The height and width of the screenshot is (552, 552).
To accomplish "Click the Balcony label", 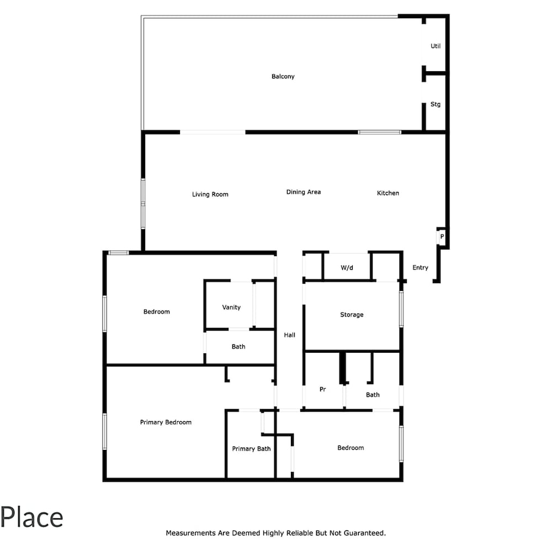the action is (283, 76).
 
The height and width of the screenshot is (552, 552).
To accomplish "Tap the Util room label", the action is (436, 46).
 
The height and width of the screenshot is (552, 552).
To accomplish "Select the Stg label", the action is (436, 104).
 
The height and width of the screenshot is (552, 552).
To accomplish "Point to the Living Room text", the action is (210, 194).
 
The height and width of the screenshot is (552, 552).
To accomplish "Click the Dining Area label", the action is (304, 192).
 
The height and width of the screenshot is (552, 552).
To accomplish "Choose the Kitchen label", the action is (388, 193).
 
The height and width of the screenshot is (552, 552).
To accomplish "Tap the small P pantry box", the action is (442, 237).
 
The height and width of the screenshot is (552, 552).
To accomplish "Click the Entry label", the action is (420, 268).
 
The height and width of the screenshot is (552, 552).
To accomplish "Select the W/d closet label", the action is (347, 268).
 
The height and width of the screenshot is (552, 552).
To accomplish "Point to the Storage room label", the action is (352, 315).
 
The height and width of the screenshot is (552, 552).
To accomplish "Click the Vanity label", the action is (231, 307).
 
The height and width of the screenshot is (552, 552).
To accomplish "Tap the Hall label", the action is (289, 335).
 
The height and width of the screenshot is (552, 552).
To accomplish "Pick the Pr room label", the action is (322, 389).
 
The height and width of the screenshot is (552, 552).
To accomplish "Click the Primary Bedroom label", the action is (166, 422).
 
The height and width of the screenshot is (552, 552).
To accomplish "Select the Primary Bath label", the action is (251, 449).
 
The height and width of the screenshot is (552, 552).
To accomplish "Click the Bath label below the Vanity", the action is (238, 347).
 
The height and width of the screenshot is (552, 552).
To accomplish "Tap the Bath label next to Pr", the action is (373, 395).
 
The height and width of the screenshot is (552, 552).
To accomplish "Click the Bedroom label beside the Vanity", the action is (157, 311).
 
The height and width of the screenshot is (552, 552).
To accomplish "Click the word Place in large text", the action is (31, 518).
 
